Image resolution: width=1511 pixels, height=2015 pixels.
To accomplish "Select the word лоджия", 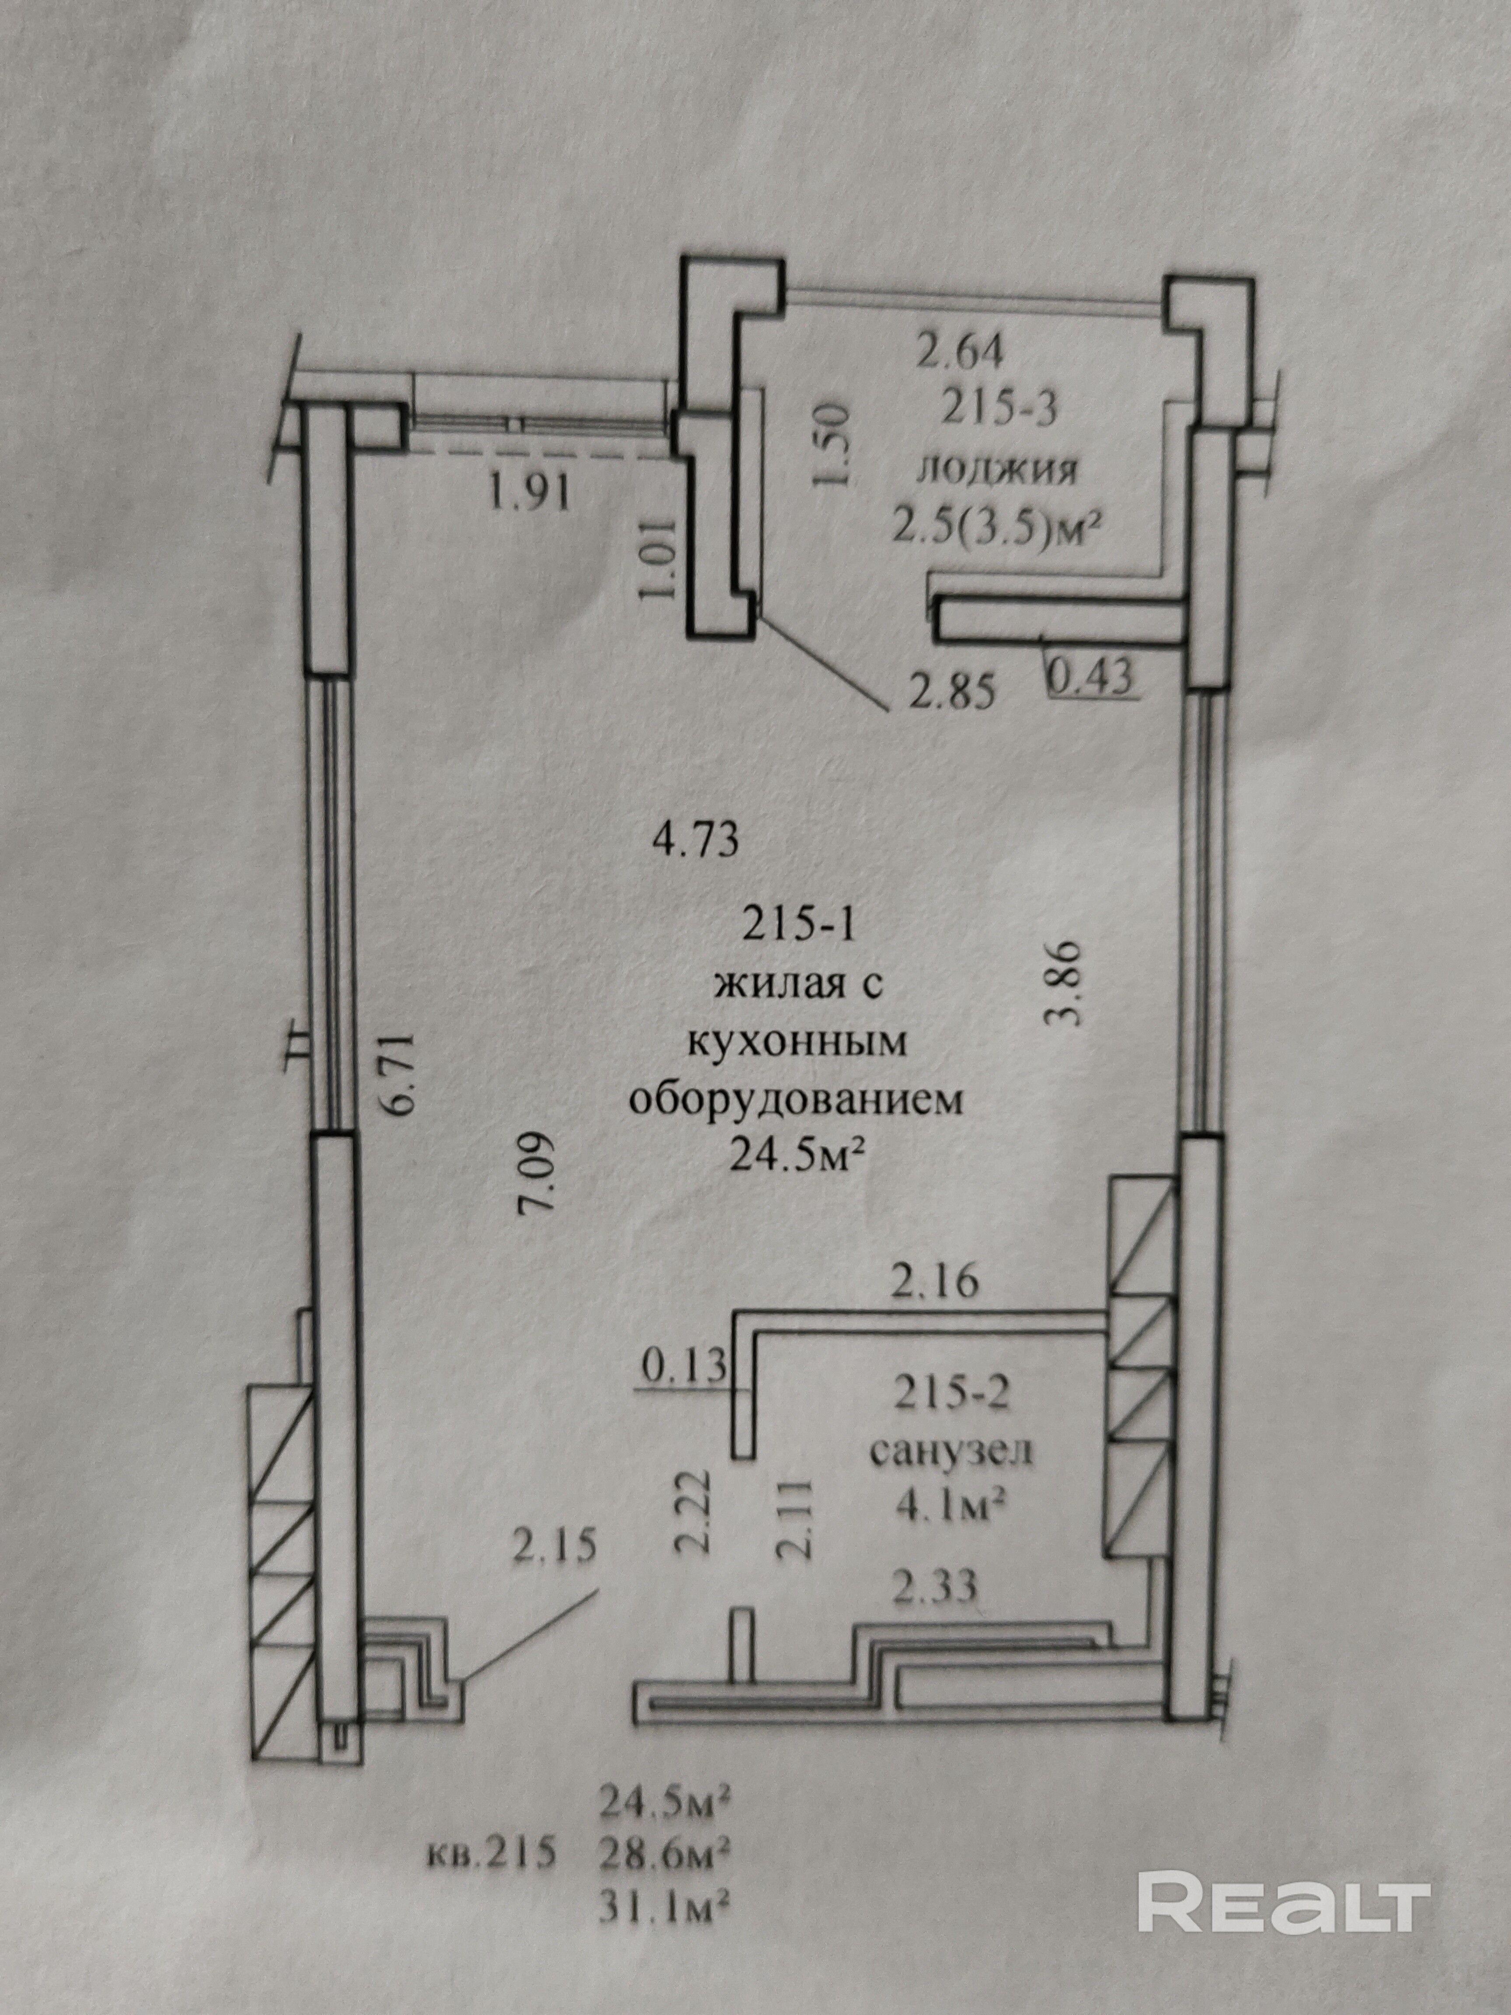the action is coord(997,471).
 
